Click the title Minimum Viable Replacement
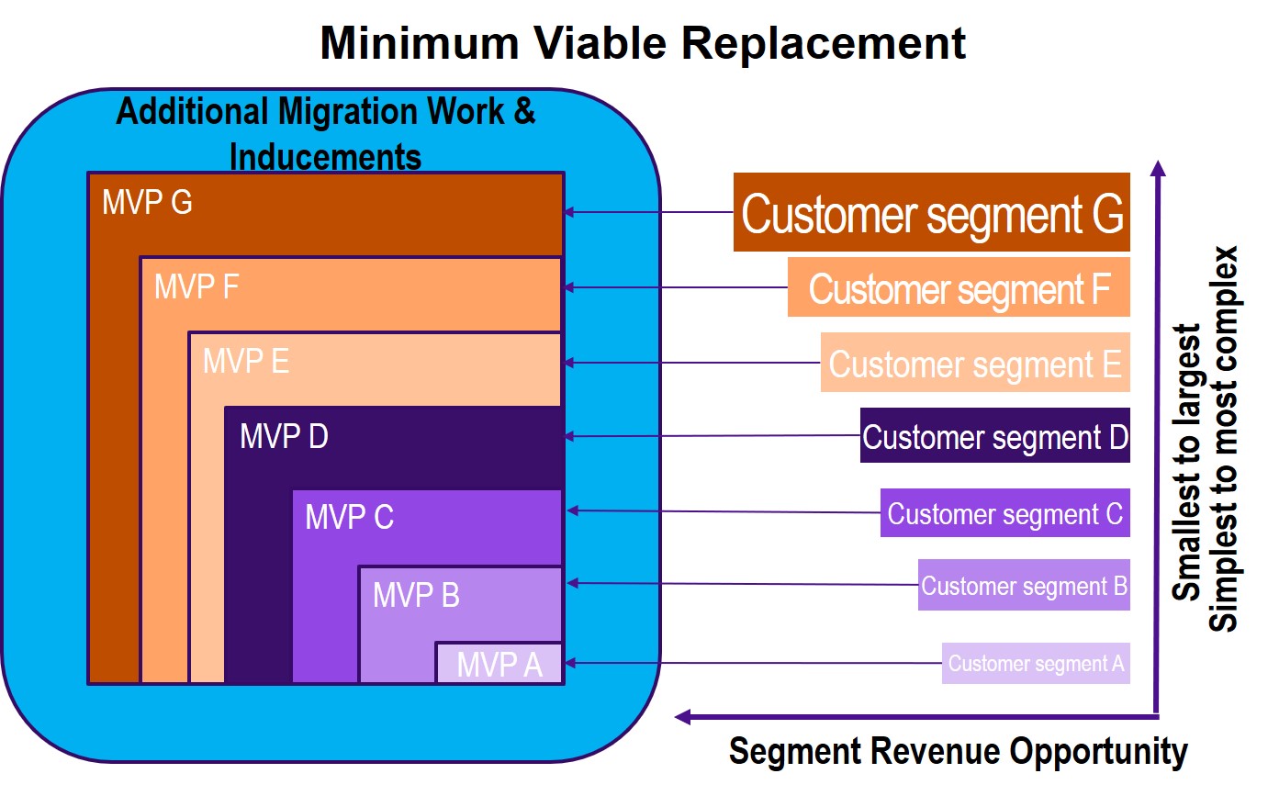point(642,43)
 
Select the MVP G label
point(147,203)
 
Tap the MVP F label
point(196,286)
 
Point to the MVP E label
point(245,361)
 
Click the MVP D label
point(284,436)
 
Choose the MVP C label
point(349,517)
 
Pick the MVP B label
point(416,595)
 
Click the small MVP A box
point(499,664)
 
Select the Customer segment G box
point(931,212)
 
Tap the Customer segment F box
point(959,288)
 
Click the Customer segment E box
point(975,364)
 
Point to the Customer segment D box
point(994,436)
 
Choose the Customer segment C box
point(1004,513)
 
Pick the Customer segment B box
point(1024,585)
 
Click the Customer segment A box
point(1036,663)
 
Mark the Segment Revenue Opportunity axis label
point(958,751)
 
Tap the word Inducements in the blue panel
point(325,156)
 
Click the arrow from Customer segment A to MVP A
point(753,663)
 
